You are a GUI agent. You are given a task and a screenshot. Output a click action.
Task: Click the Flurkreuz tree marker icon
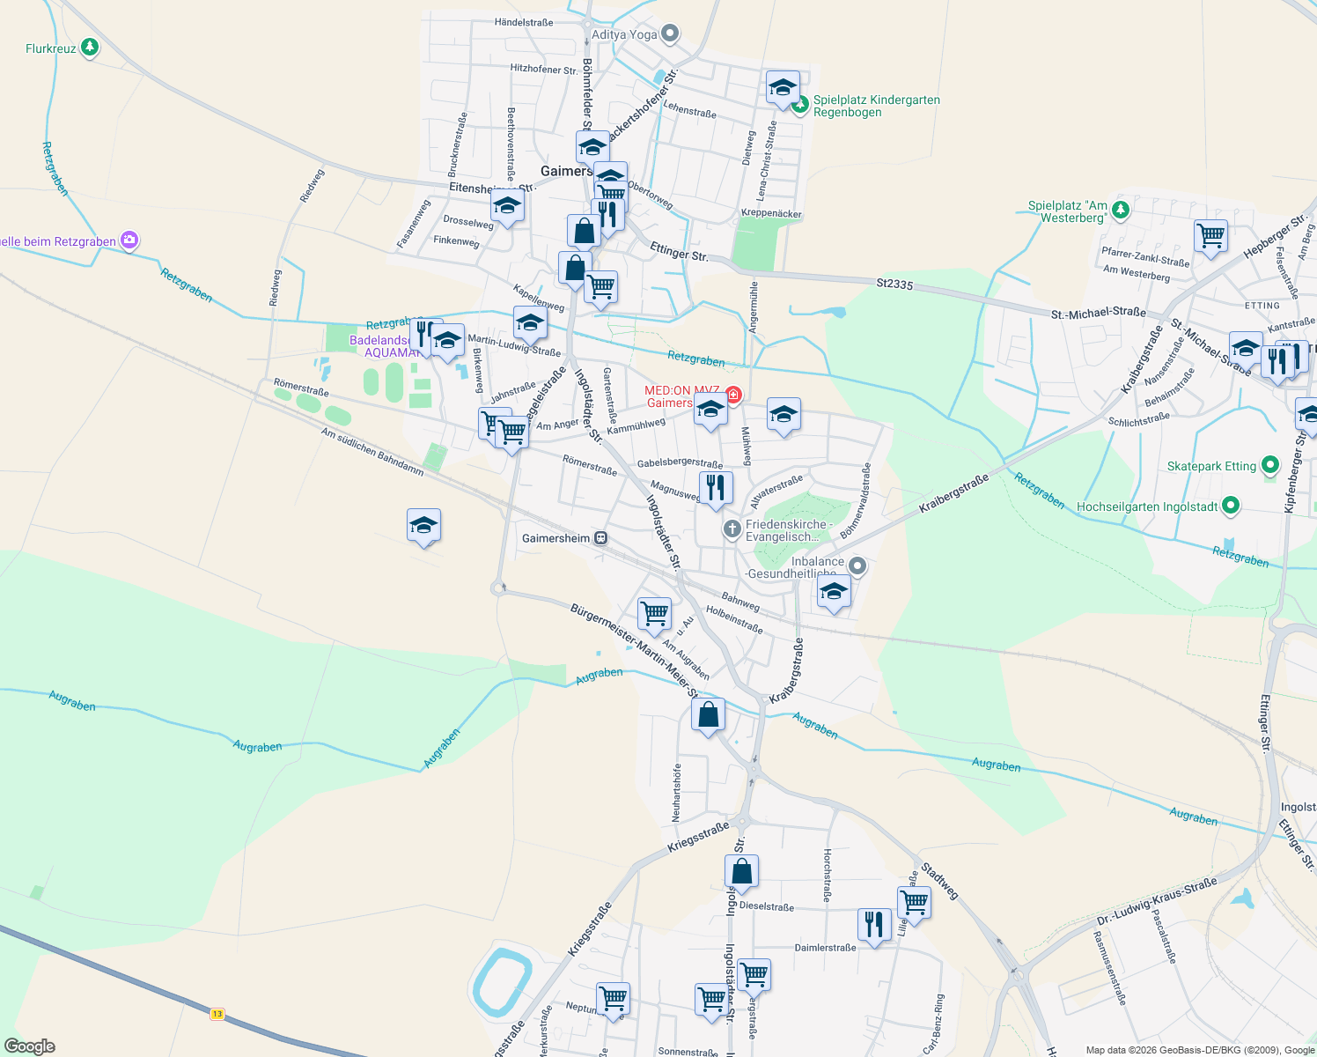(90, 48)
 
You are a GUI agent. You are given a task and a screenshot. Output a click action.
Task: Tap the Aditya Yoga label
(624, 34)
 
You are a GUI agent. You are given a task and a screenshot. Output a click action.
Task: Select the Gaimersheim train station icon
(600, 538)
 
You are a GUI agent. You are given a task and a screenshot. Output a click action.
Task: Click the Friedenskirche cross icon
(732, 529)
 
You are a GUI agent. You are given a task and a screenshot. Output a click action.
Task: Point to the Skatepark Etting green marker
(1269, 465)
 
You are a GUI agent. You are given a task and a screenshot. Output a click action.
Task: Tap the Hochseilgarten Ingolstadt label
(1147, 506)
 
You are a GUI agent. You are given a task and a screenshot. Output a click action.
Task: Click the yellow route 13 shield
(217, 1014)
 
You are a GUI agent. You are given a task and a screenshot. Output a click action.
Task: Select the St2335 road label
(894, 284)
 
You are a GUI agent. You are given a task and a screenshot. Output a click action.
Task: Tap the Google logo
(30, 1046)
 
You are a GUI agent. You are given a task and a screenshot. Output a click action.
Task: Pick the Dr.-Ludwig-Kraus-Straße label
(1156, 901)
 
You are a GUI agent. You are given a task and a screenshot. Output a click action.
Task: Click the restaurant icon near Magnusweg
(716, 488)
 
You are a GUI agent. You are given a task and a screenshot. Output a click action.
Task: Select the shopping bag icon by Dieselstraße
(741, 871)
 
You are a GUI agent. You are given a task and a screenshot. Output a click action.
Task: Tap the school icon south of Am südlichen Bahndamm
(423, 526)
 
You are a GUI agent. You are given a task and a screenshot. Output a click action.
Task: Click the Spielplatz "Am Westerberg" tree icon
(1120, 210)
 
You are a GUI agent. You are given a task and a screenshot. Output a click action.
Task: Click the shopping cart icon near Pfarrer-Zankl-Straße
(1211, 235)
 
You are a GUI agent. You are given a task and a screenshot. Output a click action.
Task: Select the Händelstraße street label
(524, 22)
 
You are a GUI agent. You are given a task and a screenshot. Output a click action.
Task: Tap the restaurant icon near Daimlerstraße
(873, 925)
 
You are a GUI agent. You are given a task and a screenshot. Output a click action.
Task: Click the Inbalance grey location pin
(858, 566)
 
